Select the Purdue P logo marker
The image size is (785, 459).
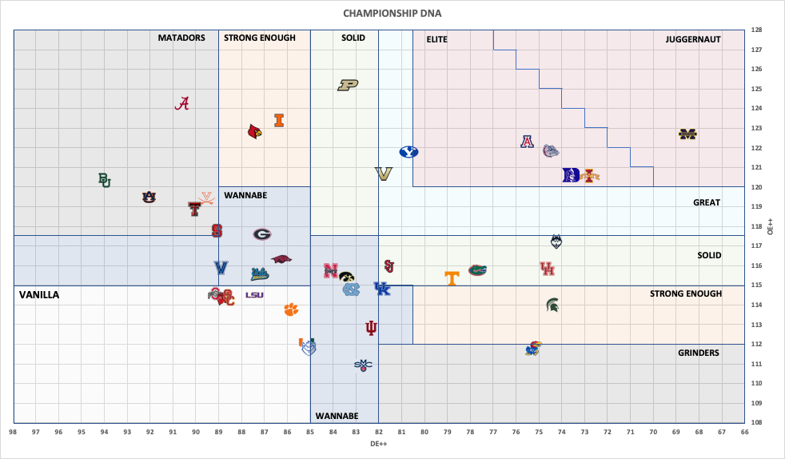pos(348,85)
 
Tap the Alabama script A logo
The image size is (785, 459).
pos(184,104)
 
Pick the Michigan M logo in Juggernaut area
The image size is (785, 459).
pos(688,134)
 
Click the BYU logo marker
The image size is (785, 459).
pos(408,152)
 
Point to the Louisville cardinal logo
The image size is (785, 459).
pos(255,131)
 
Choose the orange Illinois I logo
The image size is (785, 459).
pos(279,120)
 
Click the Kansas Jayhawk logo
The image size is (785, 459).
pos(533,348)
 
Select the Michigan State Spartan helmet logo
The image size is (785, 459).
pos(552,304)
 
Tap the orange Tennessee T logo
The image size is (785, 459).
pos(452,277)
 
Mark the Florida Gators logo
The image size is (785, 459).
pos(477,269)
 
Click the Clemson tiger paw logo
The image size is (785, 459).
pos(291,309)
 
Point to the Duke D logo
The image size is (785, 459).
pos(571,175)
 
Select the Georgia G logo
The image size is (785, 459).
pos(262,234)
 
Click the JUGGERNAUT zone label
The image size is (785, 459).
pos(693,38)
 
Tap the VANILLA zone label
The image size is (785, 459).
pos(39,295)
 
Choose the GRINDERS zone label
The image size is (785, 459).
pos(698,353)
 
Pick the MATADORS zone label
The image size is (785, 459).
pos(181,38)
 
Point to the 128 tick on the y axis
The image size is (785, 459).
pos(755,30)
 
